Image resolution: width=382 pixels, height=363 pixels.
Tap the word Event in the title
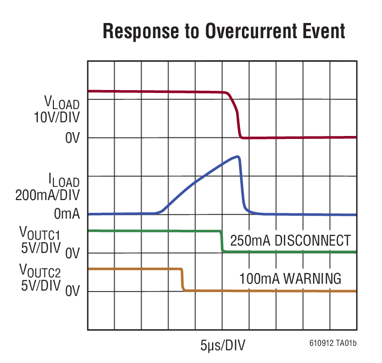click(321, 32)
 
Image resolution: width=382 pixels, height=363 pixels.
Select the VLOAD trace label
click(62, 103)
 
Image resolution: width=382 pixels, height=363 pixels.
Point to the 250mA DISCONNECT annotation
click(290, 241)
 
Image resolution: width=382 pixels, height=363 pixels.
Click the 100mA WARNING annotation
click(290, 279)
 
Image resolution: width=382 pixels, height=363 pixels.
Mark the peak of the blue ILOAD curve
click(238, 157)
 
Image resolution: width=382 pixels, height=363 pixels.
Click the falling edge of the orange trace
click(183, 280)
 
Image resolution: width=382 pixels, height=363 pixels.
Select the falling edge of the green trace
click(221, 241)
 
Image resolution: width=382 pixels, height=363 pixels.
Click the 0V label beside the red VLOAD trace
click(72, 138)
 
